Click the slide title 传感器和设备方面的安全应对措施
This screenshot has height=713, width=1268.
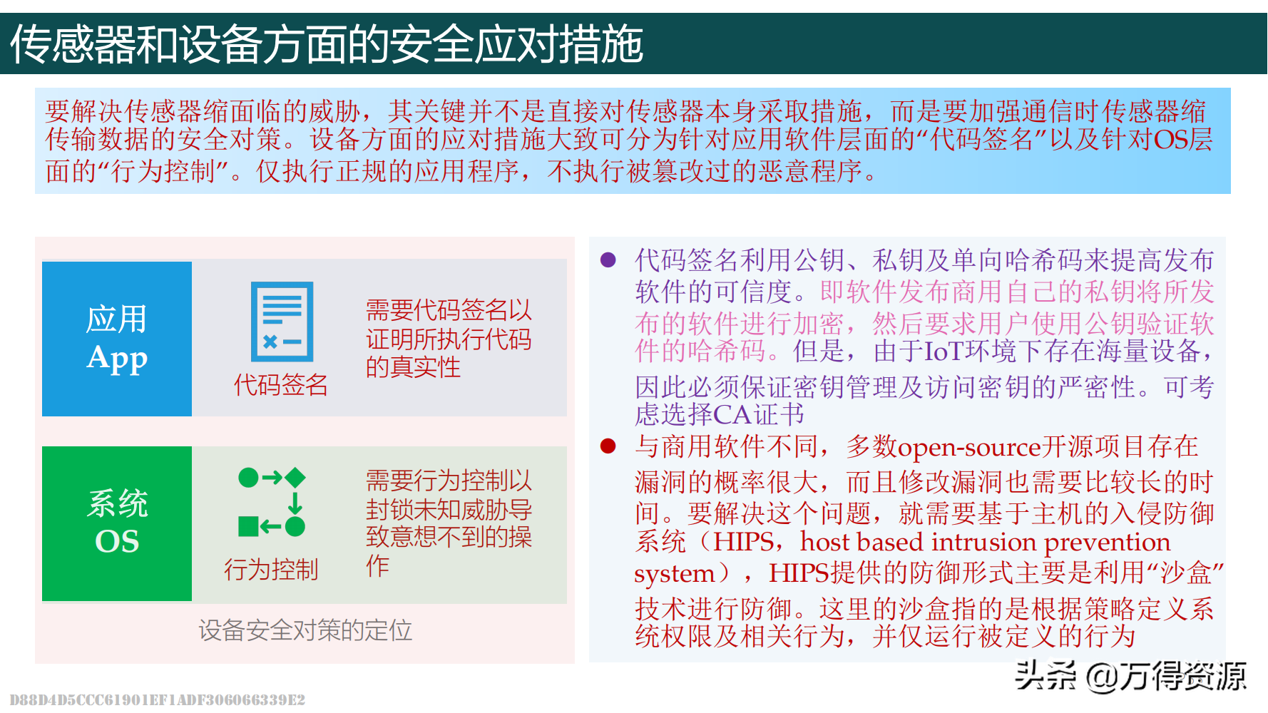click(x=327, y=44)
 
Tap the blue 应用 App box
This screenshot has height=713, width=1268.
click(x=117, y=339)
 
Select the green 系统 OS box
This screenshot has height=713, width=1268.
click(x=117, y=523)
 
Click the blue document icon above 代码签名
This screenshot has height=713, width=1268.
click(x=282, y=322)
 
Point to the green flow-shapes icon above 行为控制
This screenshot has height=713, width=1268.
click(x=272, y=502)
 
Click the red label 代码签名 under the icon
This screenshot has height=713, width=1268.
click(x=281, y=385)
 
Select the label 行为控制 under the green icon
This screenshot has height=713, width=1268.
click(x=271, y=570)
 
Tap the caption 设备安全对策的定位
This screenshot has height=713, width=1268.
click(x=305, y=630)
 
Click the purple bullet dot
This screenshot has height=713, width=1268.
click(x=608, y=260)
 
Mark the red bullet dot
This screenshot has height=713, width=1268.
click(x=608, y=446)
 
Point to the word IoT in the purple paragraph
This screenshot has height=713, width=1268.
click(x=944, y=351)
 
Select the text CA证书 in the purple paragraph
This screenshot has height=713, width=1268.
click(x=759, y=414)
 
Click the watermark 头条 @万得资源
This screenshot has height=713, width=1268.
click(x=1130, y=676)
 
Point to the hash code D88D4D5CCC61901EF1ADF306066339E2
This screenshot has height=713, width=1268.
click(x=158, y=699)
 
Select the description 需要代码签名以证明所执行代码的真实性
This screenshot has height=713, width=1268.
click(x=449, y=339)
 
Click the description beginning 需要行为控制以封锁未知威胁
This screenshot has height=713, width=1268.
click(x=449, y=523)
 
